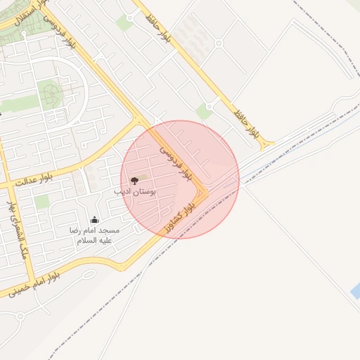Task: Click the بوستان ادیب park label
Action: (x=134, y=191)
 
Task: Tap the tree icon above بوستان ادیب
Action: (x=134, y=181)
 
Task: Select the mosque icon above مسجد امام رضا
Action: (x=94, y=220)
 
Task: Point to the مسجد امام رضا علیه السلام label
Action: (x=94, y=235)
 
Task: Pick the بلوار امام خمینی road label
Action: (x=36, y=285)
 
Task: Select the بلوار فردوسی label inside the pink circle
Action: (x=176, y=161)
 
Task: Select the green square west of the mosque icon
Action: (x=42, y=202)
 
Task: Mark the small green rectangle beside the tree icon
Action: (x=143, y=176)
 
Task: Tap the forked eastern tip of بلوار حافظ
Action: (x=268, y=145)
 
